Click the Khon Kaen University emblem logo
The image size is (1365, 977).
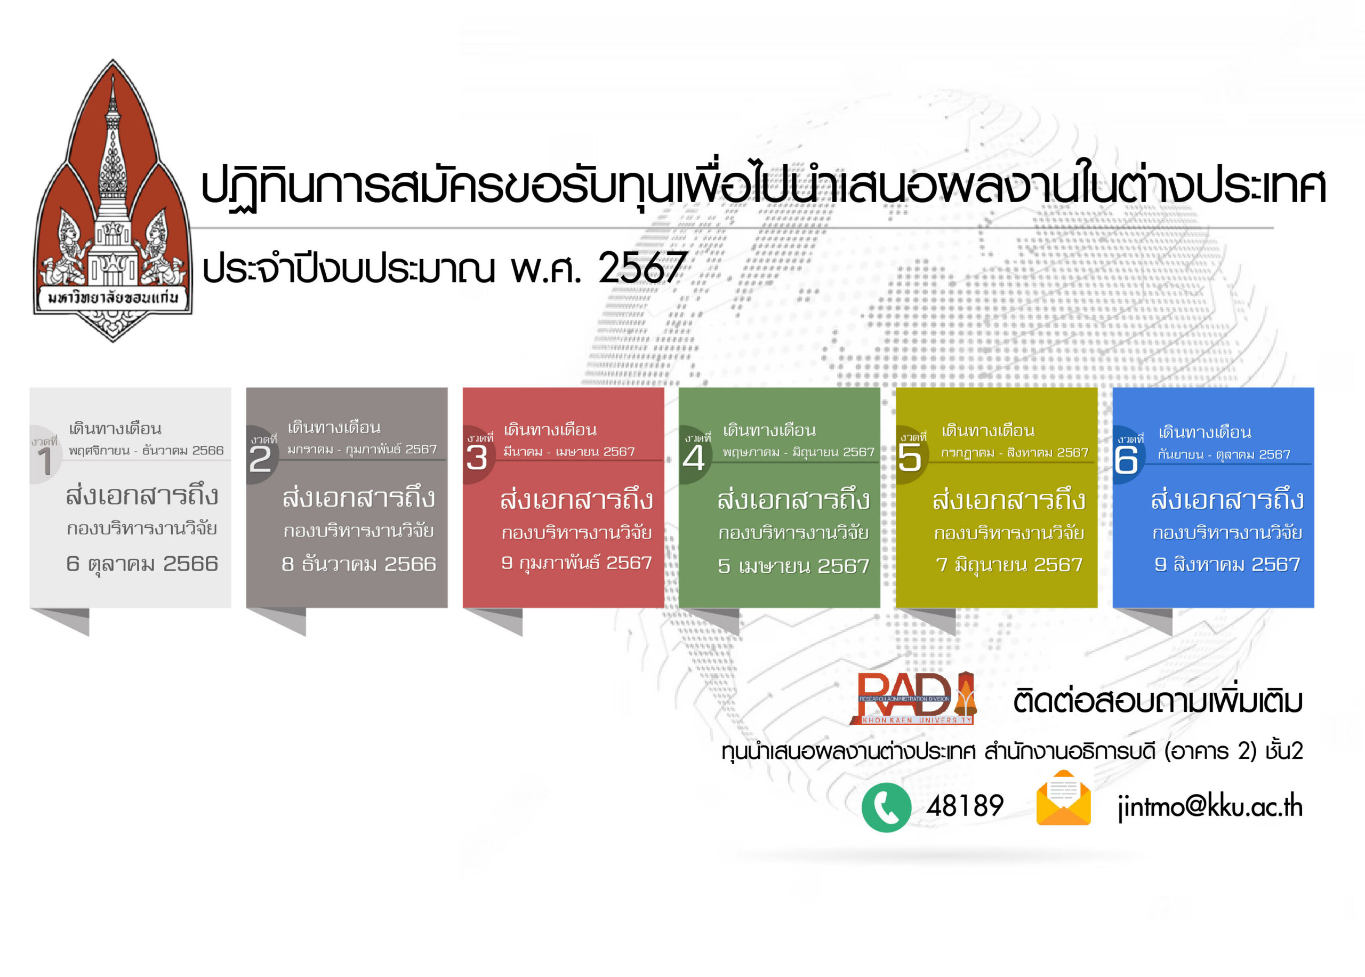click(113, 201)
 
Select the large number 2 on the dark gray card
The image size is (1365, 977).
click(260, 460)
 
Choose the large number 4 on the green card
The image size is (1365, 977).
click(693, 459)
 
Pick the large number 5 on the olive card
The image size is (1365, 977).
click(910, 459)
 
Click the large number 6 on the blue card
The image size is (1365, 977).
click(1126, 461)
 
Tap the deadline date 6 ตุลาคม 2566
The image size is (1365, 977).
click(142, 564)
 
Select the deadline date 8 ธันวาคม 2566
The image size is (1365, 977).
click(358, 564)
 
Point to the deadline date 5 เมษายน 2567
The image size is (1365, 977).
click(794, 566)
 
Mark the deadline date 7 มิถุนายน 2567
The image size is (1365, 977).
click(1009, 565)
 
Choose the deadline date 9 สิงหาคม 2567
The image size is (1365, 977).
click(1227, 564)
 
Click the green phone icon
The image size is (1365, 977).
click(886, 807)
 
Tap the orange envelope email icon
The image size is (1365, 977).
click(1063, 798)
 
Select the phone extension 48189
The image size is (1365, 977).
click(965, 806)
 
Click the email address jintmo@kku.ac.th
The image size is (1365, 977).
click(1210, 807)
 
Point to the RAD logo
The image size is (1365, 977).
click(913, 698)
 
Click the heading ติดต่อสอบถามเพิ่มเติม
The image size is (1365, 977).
click(1158, 701)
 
